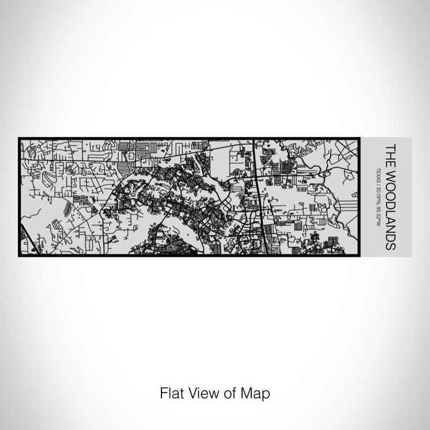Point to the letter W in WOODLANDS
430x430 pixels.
(389, 171)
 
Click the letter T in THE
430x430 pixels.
(389, 146)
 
